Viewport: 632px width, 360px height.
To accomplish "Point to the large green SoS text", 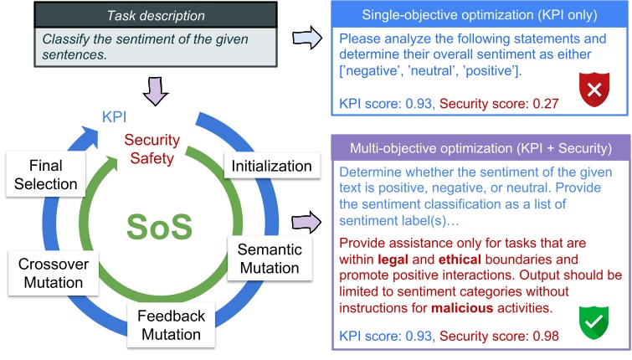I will coord(158,227).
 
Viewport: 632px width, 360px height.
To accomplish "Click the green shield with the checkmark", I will coord(593,320).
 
